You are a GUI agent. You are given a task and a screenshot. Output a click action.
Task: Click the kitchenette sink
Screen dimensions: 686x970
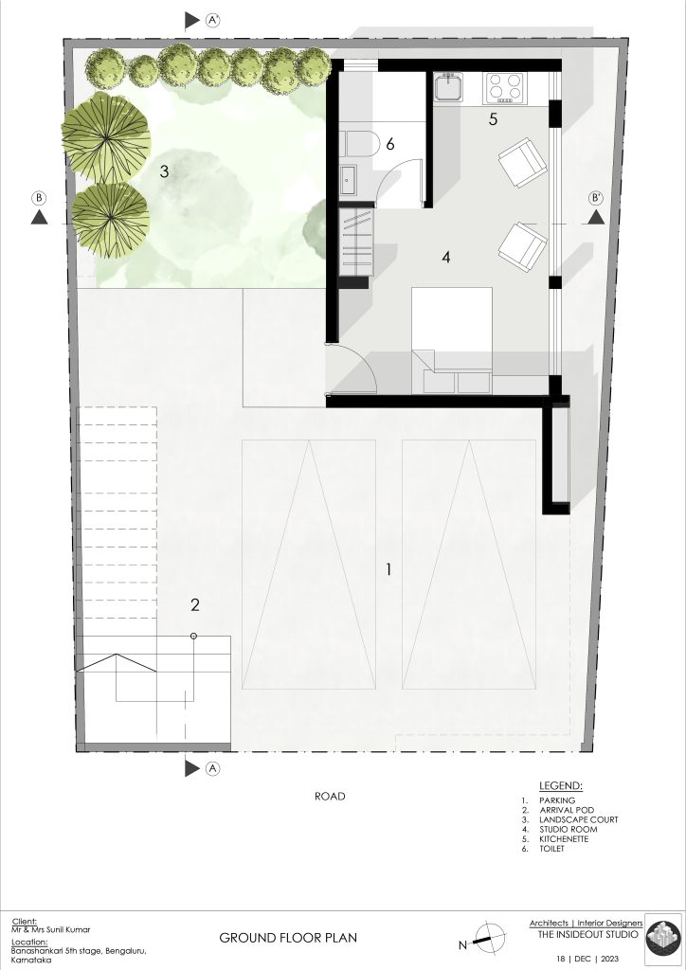tap(448, 86)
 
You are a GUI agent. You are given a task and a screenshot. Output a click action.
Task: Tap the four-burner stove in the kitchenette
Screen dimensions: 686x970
tap(504, 87)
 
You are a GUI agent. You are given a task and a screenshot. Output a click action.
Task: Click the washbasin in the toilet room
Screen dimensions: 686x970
tap(348, 178)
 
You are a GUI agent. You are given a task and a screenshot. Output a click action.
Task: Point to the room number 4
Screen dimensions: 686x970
tap(446, 257)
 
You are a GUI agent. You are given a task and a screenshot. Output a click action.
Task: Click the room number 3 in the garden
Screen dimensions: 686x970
tap(164, 171)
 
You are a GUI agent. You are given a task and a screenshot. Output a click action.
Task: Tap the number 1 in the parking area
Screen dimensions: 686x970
tap(388, 569)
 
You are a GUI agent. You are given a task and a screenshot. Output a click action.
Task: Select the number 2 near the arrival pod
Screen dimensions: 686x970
tap(195, 605)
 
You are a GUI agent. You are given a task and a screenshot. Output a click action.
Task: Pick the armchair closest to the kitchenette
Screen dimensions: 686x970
tap(523, 163)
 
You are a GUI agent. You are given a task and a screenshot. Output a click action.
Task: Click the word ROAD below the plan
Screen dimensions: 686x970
tap(330, 796)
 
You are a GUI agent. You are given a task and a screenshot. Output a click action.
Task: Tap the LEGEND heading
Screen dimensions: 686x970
tap(560, 786)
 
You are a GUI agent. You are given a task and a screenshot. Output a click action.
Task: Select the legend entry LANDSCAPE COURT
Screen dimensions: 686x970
tap(578, 819)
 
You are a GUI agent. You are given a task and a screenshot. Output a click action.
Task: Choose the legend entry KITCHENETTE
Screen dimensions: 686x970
tap(564, 839)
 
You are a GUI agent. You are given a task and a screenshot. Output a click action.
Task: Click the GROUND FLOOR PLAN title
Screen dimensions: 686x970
tap(288, 938)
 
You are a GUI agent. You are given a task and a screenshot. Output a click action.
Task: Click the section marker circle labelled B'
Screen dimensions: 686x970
tap(596, 198)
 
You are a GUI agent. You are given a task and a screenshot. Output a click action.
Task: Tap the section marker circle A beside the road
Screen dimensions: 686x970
tap(212, 768)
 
